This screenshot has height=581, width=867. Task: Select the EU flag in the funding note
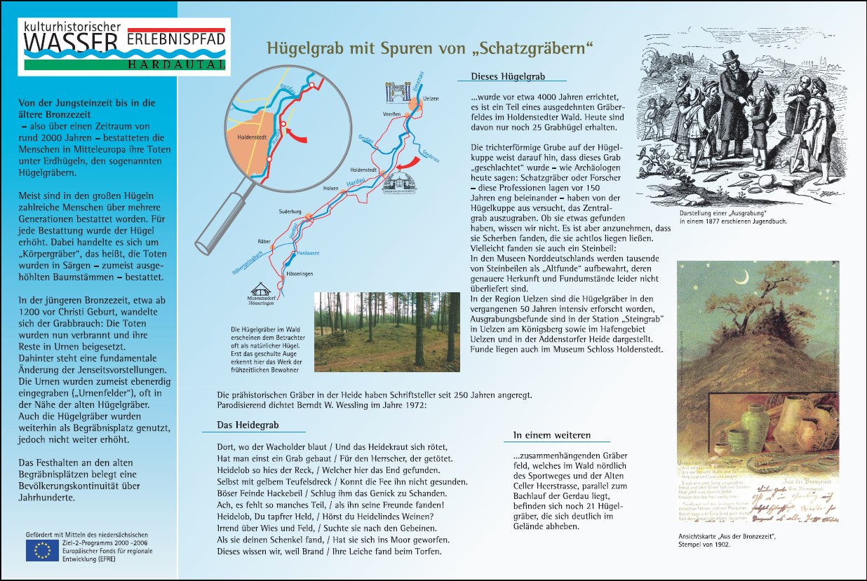[x=41, y=550]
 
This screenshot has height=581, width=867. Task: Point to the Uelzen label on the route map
[x=431, y=99]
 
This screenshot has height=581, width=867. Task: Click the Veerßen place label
[x=392, y=114]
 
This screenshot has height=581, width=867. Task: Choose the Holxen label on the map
[x=330, y=189]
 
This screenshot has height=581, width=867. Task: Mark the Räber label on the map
[x=264, y=241]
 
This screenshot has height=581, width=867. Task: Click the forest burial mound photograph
[x=387, y=331]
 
